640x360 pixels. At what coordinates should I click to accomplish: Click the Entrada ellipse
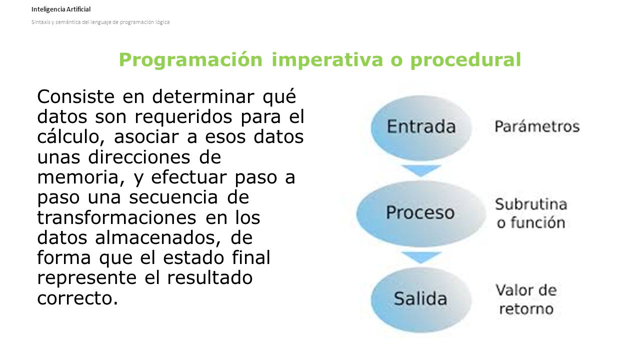point(421,126)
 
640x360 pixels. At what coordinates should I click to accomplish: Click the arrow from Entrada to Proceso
point(421,170)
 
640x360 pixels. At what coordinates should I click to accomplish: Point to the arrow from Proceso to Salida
point(421,257)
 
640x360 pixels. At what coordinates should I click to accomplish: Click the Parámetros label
point(537,126)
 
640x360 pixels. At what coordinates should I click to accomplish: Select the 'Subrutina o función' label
point(531,213)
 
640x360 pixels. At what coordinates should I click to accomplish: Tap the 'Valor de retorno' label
point(526,299)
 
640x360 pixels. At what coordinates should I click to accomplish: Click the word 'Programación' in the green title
point(190,60)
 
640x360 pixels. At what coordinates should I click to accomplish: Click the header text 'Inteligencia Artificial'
point(61,9)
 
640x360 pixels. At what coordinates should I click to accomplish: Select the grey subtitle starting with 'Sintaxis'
point(100,22)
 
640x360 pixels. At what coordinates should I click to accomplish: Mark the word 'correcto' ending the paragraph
point(75,298)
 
